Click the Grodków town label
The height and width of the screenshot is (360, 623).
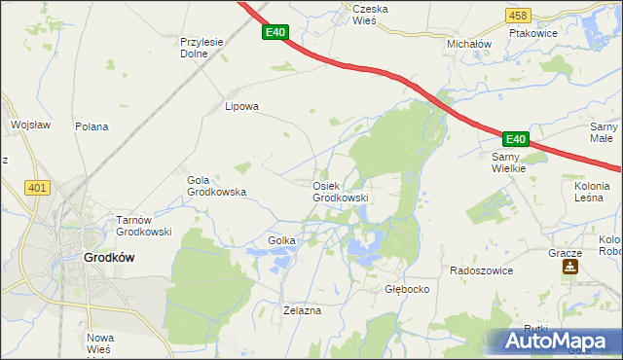(109, 258)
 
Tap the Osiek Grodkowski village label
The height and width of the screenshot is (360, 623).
(340, 192)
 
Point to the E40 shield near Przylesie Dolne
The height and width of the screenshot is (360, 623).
(275, 33)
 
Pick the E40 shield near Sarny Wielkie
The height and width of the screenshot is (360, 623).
(516, 140)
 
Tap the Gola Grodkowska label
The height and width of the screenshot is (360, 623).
(216, 186)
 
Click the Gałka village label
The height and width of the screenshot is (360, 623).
(275, 240)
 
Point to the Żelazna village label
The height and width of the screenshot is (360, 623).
(302, 310)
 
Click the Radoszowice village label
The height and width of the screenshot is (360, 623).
(481, 270)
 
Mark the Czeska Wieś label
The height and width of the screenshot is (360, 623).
(370, 15)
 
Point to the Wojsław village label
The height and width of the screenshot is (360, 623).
(30, 126)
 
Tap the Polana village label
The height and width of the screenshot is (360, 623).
(92, 126)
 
